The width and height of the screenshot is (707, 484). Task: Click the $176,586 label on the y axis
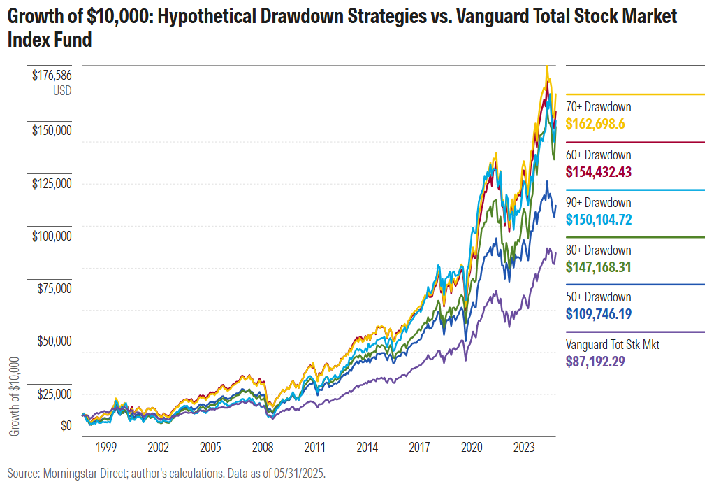coord(52,76)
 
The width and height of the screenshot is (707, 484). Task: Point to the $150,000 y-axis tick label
coord(52,130)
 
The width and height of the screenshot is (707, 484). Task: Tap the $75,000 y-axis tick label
coord(54,288)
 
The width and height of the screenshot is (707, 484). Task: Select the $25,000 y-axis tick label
coord(54,394)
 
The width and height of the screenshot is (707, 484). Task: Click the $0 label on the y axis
coord(66,425)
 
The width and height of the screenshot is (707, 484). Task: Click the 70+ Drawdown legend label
coord(598,107)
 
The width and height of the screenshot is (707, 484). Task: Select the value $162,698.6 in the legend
coord(595,124)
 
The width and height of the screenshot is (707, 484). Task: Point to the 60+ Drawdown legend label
coord(598,155)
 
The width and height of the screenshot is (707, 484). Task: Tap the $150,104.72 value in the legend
coord(599,219)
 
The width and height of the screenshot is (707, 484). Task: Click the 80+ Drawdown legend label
coord(598,250)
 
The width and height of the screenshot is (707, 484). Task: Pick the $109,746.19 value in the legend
coord(599,314)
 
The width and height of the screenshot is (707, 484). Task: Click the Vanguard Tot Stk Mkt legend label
coord(612,345)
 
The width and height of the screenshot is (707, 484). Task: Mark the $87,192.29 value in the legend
coord(595,362)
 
